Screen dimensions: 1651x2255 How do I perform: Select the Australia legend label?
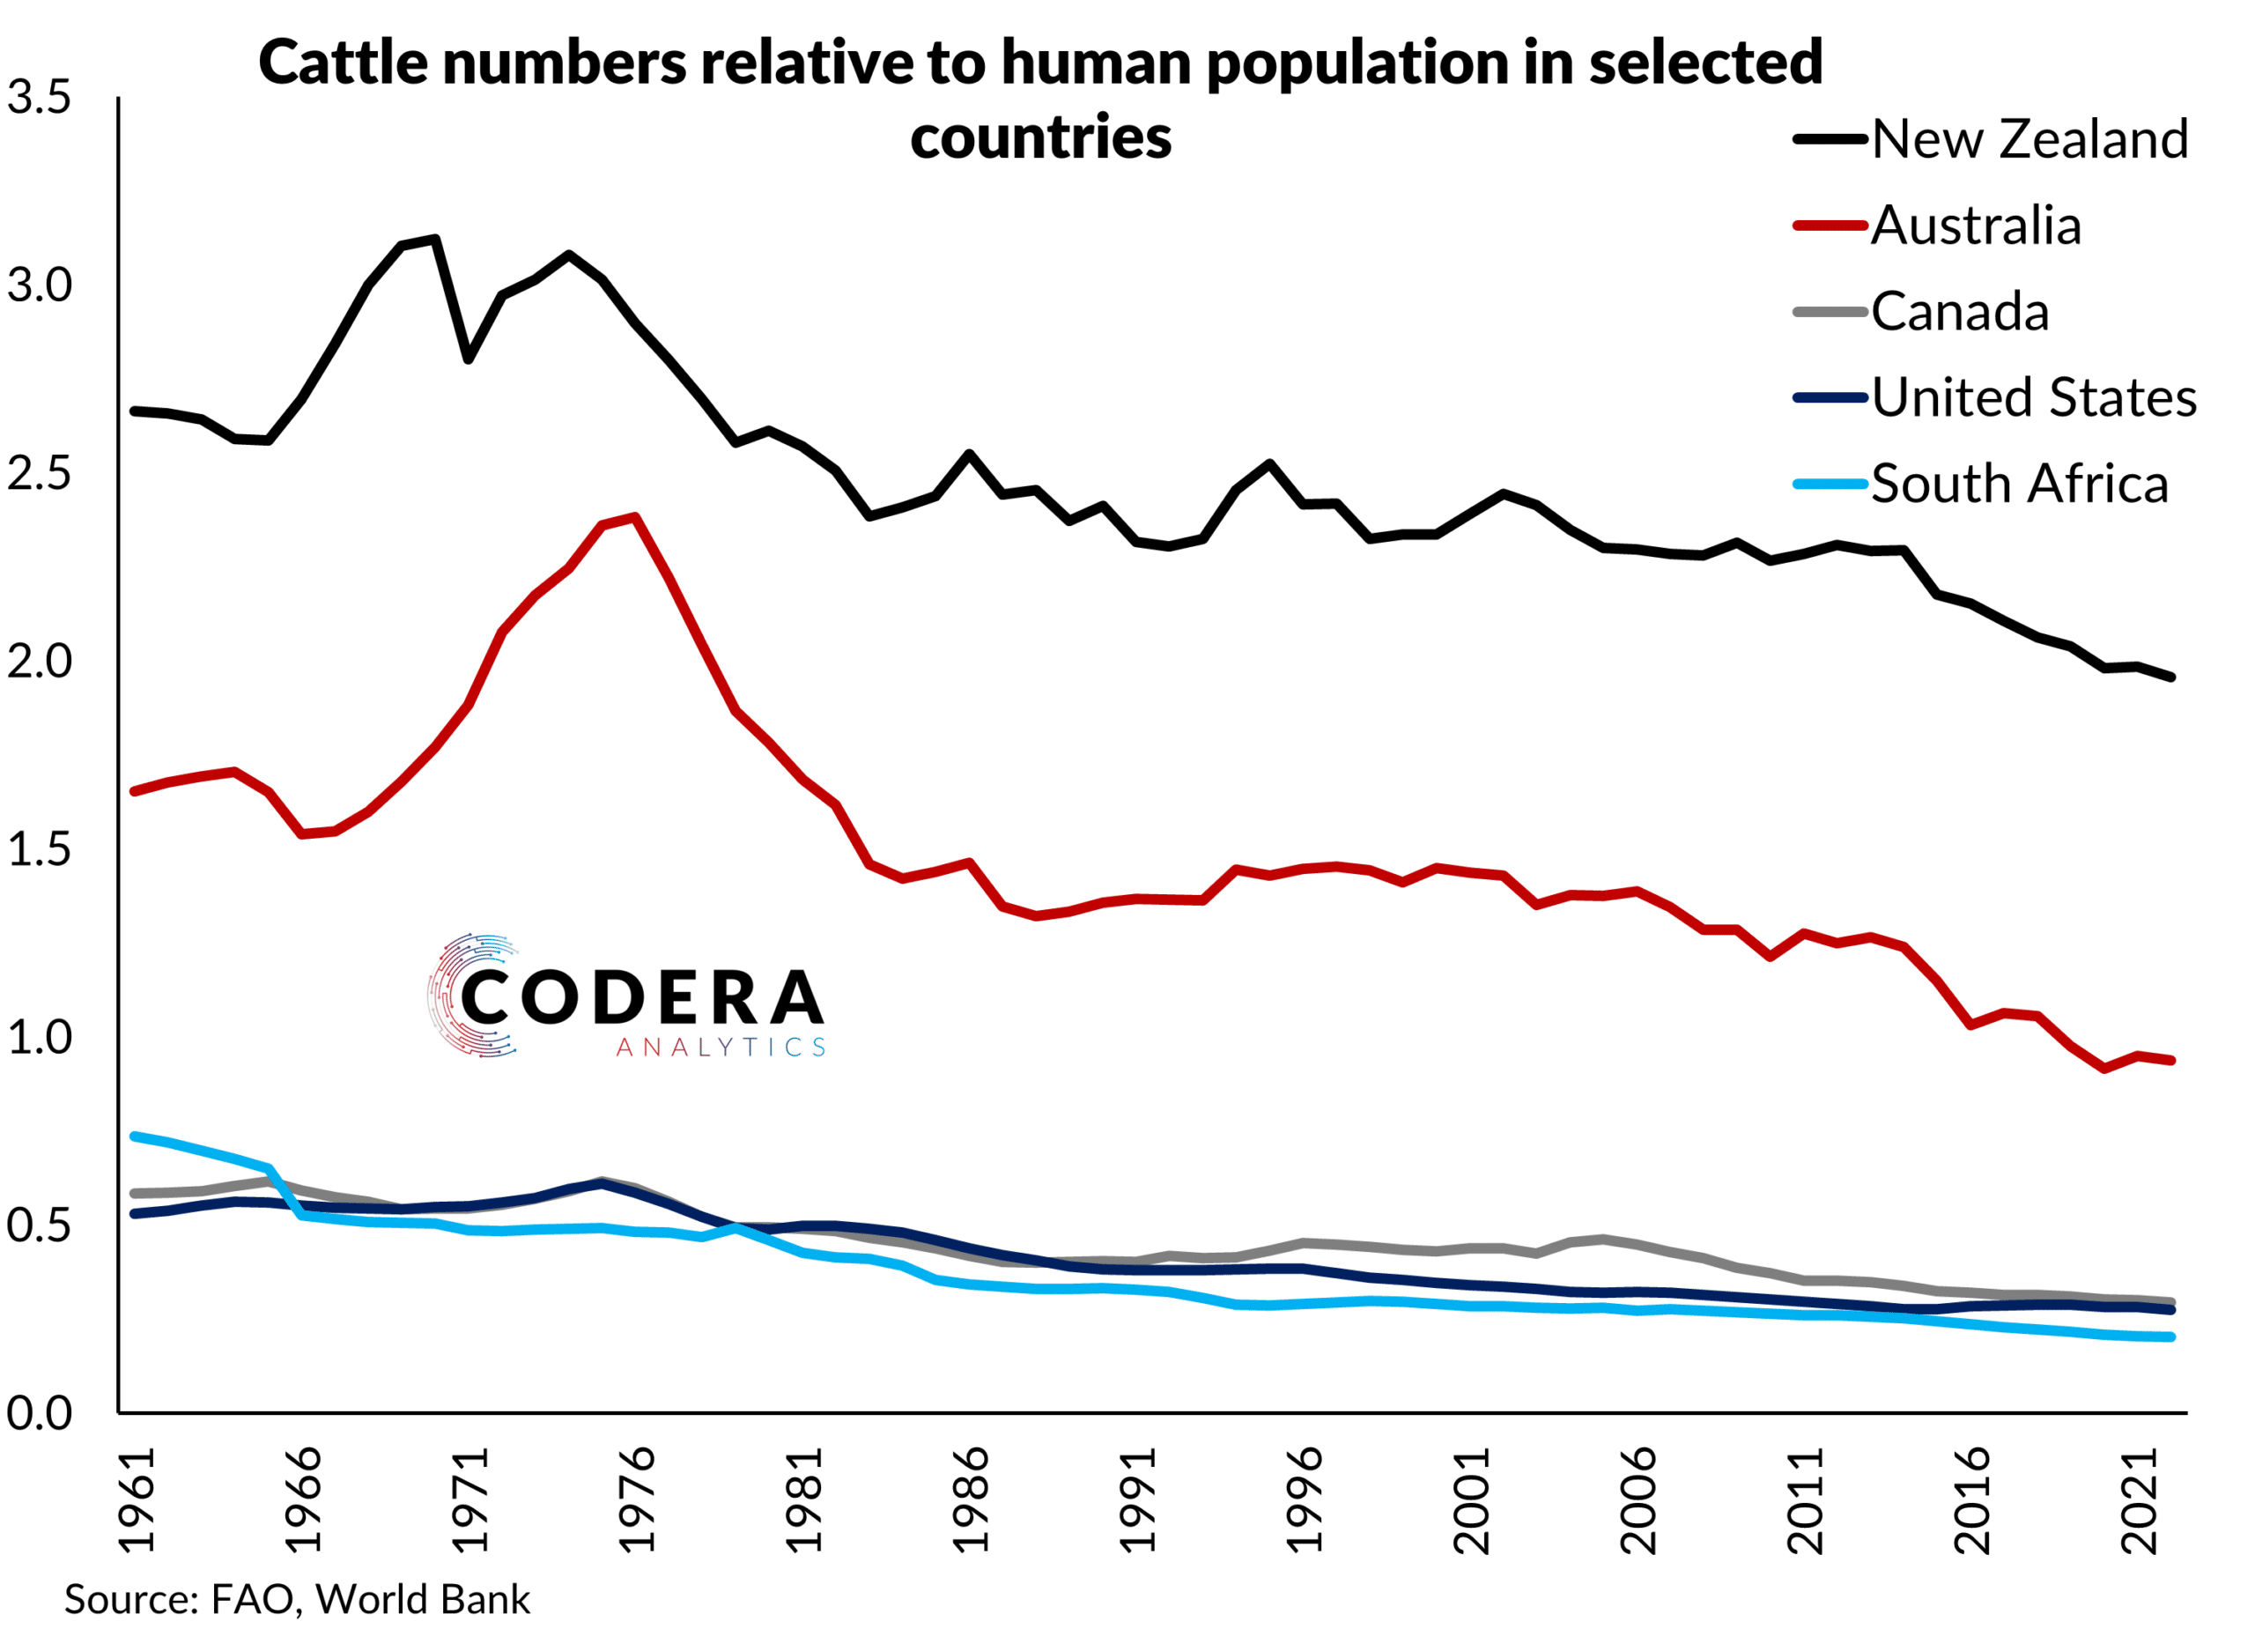click(x=1974, y=225)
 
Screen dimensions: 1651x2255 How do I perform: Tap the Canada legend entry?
click(x=1958, y=312)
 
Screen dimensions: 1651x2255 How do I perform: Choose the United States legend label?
click(x=2032, y=397)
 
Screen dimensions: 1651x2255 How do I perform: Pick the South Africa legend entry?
click(x=2018, y=485)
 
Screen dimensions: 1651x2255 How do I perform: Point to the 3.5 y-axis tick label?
click(x=39, y=98)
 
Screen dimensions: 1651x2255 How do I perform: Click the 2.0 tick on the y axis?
click(x=39, y=662)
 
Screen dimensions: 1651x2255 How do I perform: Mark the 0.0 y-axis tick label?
click(x=39, y=1413)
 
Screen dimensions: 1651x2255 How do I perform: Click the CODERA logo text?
click(x=641, y=997)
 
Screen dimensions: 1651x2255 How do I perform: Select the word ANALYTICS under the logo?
click(x=721, y=1048)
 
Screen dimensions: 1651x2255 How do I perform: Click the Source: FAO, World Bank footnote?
click(x=297, y=1599)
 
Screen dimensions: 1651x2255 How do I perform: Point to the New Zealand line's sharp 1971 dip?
click(x=468, y=359)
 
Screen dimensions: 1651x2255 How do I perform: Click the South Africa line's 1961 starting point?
click(x=135, y=1136)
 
